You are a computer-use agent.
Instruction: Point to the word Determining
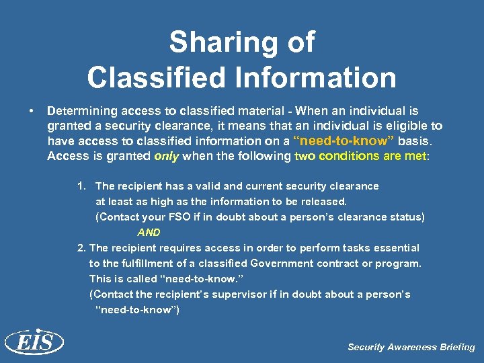click(x=81, y=110)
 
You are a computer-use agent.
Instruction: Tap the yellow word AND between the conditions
click(x=149, y=233)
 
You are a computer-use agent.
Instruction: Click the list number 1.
click(x=82, y=186)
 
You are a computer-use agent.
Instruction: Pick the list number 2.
click(x=82, y=248)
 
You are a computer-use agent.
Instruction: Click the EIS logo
click(x=34, y=343)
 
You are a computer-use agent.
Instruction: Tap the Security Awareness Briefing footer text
click(x=411, y=348)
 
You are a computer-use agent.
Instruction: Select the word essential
click(x=397, y=248)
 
